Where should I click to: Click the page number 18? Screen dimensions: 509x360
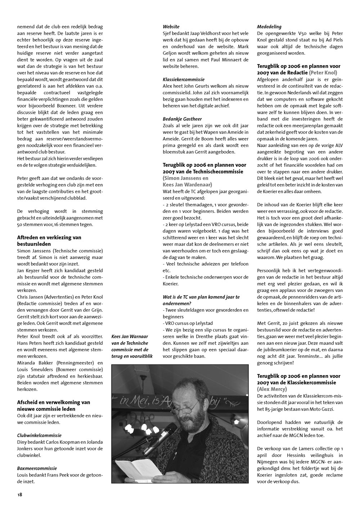pyautogui.click(x=19, y=495)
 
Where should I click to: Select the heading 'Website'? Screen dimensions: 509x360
pyautogui.click(x=171, y=27)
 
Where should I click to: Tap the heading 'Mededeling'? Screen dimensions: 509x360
pyautogui.click(x=269, y=27)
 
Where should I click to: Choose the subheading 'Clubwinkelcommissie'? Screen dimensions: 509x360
pyautogui.click(x=39, y=435)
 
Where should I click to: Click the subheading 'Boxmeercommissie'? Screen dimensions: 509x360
pyautogui.click(x=37, y=468)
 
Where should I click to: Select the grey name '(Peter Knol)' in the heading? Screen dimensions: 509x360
pyautogui.click(x=323, y=73)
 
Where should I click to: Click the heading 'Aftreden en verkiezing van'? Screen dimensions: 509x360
pyautogui.click(x=49, y=237)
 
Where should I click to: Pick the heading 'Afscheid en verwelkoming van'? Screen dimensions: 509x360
pyautogui.click(x=54, y=402)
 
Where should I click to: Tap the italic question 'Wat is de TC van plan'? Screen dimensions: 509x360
pyautogui.click(x=201, y=297)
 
